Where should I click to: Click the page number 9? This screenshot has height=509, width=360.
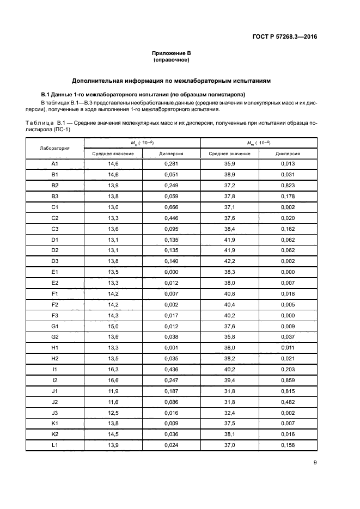click(315, 463)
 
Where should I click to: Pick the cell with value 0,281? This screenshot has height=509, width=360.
click(171, 164)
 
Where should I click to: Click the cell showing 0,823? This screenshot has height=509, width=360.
click(288, 186)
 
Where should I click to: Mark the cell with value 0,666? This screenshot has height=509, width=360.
click(171, 207)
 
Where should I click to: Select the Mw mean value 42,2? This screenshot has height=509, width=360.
click(229, 261)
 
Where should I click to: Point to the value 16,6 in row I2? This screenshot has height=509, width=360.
click(113, 381)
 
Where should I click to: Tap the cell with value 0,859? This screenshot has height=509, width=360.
click(288, 381)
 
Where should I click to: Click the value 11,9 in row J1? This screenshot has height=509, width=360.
click(113, 391)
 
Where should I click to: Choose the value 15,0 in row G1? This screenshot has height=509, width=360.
click(113, 327)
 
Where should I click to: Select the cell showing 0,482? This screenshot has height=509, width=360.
click(288, 402)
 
